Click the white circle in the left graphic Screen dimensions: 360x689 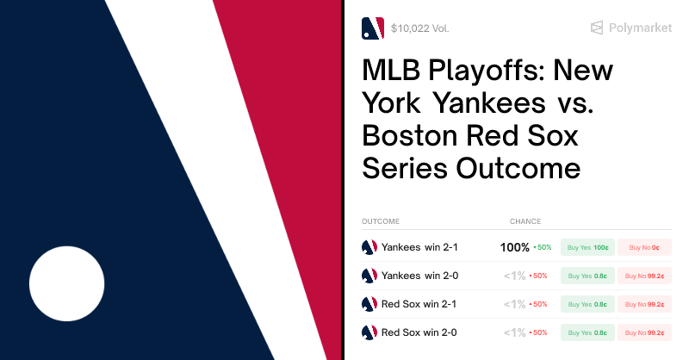point(66,283)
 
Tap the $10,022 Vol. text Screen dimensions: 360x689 point(419,28)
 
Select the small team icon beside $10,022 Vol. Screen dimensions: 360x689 point(372,28)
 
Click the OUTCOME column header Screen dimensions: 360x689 point(381,221)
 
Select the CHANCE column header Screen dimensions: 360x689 point(525,221)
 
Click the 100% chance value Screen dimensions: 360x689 point(515,247)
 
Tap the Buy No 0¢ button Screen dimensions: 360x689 point(644,247)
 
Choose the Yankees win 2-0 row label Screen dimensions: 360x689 point(419,276)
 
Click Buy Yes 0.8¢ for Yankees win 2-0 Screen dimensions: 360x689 point(587,276)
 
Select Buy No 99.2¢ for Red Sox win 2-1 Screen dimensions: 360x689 point(644,304)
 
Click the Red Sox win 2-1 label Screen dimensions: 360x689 point(419,304)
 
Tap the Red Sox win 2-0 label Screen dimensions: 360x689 point(419,332)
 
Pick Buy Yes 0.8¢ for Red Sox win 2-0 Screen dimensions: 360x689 point(587,332)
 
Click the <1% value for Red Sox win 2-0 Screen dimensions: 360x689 point(514,332)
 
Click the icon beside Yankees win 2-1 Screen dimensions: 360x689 point(369,247)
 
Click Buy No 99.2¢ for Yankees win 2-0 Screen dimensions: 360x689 point(644,276)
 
